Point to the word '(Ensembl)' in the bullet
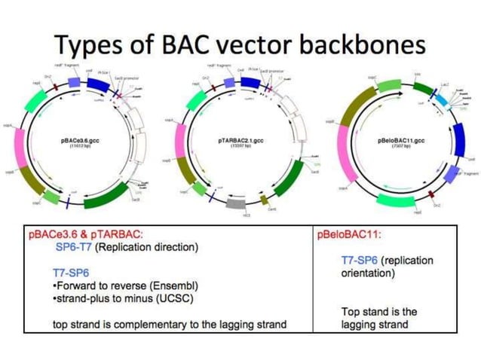point(183,285)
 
